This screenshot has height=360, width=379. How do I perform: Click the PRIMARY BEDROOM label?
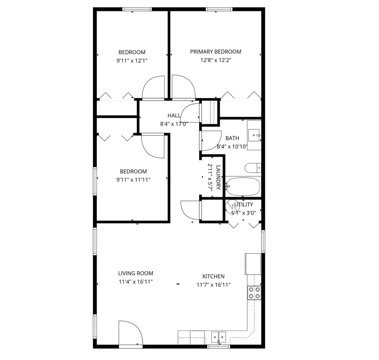point(216,52)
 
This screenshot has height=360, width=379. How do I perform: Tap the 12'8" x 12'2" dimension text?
point(216,60)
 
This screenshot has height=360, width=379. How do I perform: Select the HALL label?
point(174,116)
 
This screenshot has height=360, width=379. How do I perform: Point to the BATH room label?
point(232,138)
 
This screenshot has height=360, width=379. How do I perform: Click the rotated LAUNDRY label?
point(218,177)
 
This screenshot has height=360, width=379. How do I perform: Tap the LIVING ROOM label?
point(136,273)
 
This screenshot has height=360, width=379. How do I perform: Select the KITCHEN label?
point(214,277)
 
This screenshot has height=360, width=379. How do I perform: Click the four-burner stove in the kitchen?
point(254,293)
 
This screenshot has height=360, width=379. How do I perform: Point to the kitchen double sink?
point(219,336)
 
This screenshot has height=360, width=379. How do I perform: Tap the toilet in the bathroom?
point(253,168)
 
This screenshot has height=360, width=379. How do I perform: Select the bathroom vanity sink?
point(254,135)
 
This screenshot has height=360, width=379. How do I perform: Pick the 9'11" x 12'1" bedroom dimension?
point(132,61)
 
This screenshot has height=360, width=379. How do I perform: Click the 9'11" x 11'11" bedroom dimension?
point(133,180)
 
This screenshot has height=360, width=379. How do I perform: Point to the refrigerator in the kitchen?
point(253,264)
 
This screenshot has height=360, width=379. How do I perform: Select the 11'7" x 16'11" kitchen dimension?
point(214,285)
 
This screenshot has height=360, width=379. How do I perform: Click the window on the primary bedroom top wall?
point(219,9)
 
